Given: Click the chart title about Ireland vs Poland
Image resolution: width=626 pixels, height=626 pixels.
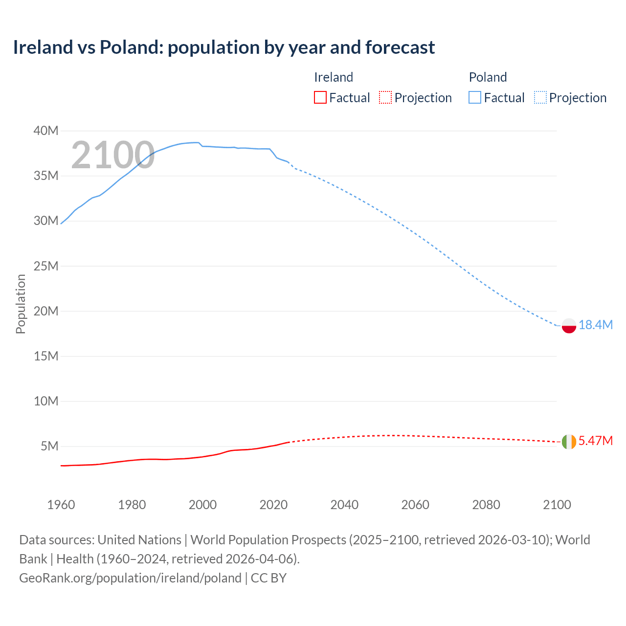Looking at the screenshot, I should click(x=224, y=47).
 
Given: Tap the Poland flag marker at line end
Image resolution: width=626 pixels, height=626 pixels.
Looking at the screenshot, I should click(x=569, y=325).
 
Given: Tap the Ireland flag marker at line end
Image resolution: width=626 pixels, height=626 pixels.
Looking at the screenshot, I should click(x=569, y=441).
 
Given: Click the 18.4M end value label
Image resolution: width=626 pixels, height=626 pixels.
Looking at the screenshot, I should click(x=596, y=325).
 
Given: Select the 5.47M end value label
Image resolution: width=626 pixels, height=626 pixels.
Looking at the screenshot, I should click(x=596, y=441).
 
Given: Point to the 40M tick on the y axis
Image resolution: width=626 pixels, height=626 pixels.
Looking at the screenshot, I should click(x=46, y=131).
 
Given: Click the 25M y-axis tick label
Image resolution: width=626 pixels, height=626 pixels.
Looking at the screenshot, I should click(x=46, y=266).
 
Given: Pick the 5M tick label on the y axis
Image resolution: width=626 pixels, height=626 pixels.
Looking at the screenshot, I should click(x=49, y=446).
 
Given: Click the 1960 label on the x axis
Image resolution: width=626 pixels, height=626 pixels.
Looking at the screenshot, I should click(x=61, y=505).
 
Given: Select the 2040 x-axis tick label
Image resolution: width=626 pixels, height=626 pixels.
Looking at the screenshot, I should click(x=344, y=505).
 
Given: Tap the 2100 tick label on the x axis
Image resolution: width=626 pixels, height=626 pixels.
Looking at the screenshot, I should click(x=557, y=505).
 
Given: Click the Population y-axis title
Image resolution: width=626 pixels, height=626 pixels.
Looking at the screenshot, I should click(x=21, y=304).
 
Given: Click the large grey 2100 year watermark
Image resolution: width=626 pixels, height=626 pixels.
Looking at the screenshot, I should click(x=113, y=156).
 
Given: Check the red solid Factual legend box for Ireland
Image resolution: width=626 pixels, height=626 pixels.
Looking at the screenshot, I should click(x=320, y=98).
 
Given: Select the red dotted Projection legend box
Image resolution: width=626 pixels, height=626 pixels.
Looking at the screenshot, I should click(x=385, y=98).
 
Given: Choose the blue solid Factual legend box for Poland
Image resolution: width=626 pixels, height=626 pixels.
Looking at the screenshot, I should click(x=475, y=98).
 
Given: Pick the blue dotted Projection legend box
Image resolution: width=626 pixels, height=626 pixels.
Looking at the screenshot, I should click(x=540, y=98).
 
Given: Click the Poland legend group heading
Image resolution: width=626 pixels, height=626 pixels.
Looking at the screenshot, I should click(x=488, y=77).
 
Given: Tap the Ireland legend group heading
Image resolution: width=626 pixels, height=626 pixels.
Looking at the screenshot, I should click(x=334, y=77).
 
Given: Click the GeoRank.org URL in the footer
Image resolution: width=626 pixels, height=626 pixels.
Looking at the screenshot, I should click(x=130, y=578).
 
